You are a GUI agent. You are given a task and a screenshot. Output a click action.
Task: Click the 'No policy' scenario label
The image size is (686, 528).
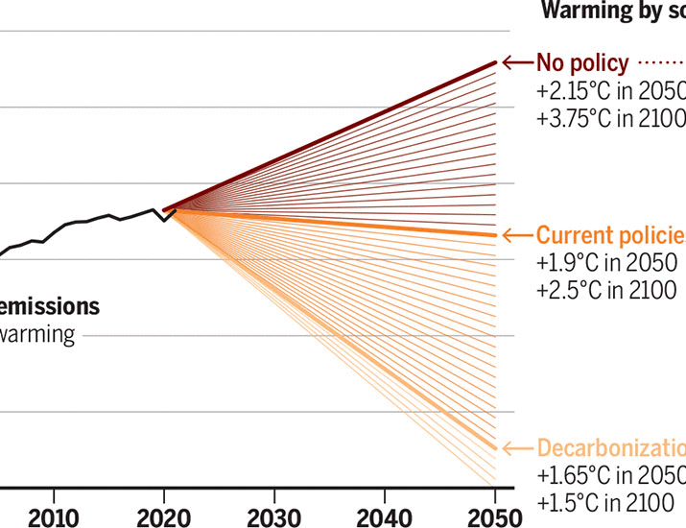coord(582,63)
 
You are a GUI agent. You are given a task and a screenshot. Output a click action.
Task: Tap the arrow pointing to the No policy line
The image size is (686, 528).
coord(516,63)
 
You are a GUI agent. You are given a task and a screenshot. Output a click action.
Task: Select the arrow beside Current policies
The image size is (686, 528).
coord(516,235)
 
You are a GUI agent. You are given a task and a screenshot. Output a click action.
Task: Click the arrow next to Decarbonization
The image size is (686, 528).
coord(516,447)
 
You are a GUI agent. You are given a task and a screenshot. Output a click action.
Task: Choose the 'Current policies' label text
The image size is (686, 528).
coord(610,235)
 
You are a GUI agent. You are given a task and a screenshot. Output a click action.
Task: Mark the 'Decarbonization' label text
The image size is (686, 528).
coord(610,447)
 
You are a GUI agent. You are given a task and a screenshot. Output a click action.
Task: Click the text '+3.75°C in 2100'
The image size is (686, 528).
coord(610,119)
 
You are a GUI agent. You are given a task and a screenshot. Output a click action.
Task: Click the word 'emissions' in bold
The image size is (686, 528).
coord(50,307)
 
